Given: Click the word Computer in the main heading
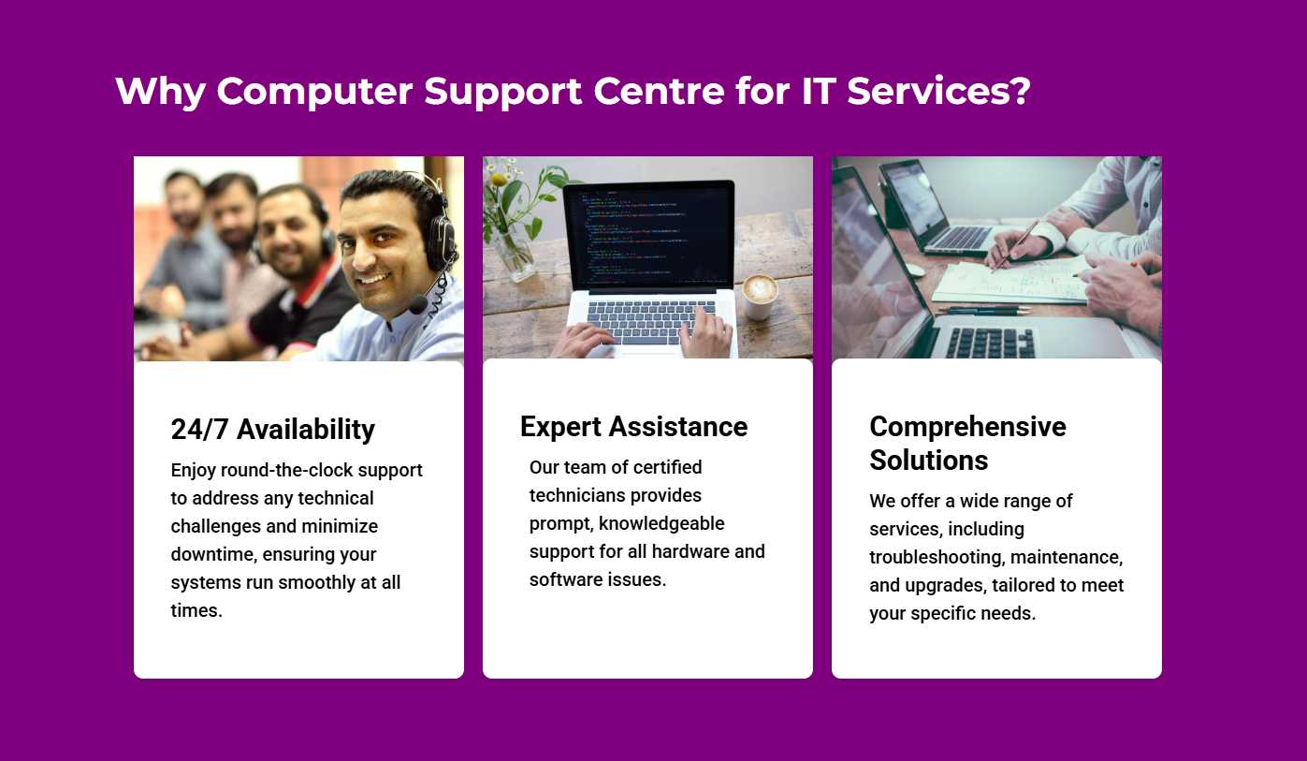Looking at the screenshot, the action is (x=315, y=93).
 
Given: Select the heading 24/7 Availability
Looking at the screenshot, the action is (x=273, y=430).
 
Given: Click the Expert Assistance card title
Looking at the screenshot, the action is (x=633, y=427).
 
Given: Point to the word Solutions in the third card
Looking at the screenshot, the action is (x=928, y=460).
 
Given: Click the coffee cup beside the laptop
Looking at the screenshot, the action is (x=759, y=297).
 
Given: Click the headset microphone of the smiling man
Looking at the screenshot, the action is (x=418, y=304).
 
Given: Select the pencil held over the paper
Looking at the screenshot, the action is (x=1015, y=245).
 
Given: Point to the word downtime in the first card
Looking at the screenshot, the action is (x=213, y=554).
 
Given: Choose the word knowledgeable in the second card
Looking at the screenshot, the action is (x=661, y=523).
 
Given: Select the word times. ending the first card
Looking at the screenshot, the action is (x=196, y=610).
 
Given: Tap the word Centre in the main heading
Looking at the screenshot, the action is (x=659, y=91).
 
